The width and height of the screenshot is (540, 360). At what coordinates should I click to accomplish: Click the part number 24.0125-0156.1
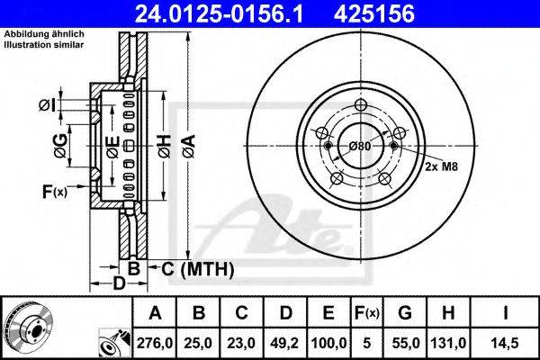[219, 13]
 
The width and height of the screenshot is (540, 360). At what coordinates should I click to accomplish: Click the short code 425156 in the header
[374, 13]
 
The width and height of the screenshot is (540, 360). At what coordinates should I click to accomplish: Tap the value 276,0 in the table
[155, 343]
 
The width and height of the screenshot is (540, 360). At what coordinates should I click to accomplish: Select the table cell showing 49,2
[285, 343]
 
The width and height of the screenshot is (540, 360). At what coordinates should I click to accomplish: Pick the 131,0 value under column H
[448, 343]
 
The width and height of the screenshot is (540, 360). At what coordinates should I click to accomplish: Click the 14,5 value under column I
[505, 343]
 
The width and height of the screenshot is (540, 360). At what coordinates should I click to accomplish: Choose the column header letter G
[405, 312]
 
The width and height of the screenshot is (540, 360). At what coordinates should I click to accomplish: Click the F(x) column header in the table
[367, 313]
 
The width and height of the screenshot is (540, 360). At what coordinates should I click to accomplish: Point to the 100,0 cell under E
[328, 343]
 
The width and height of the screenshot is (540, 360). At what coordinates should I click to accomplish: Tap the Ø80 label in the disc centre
[360, 147]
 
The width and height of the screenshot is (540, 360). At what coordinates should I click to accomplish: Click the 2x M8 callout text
[441, 166]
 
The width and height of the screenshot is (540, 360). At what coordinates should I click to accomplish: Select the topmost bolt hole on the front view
[360, 105]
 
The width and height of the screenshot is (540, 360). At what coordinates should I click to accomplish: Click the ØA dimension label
[189, 147]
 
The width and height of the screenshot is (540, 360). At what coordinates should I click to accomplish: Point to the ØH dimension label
[165, 147]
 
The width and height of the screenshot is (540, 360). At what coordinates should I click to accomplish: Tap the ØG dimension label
[60, 146]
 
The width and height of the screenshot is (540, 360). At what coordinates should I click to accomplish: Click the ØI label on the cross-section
[47, 105]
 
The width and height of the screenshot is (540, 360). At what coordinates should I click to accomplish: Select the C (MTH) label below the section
[197, 269]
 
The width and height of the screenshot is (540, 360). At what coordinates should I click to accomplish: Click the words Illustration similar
[44, 44]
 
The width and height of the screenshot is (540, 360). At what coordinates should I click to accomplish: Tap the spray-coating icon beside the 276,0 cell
[114, 343]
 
